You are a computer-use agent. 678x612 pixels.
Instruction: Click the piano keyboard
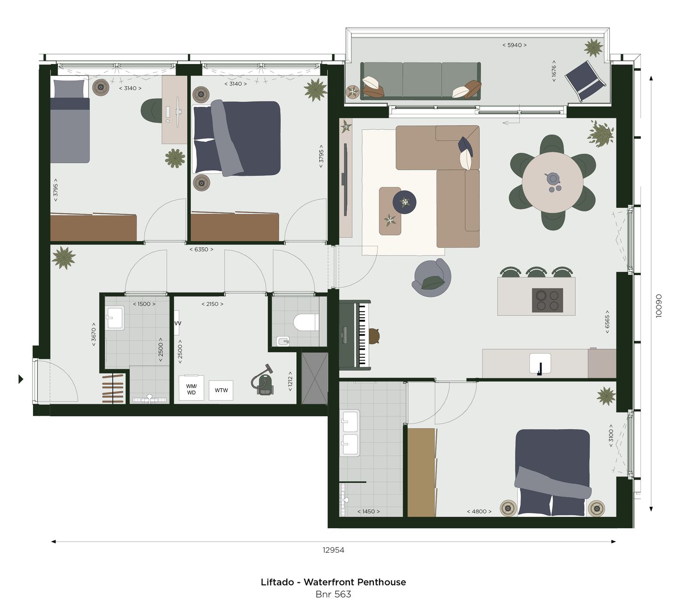pos(362,335)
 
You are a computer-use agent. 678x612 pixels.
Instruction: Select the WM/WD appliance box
pos(191,389)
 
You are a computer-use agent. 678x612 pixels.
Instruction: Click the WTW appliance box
pos(221,390)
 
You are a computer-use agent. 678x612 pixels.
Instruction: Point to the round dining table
pos(552,182)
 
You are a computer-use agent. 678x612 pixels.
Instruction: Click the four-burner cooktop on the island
pos(547,300)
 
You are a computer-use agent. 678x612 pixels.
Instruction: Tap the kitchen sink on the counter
pos(540,363)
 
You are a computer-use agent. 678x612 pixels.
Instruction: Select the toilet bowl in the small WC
pos(306,323)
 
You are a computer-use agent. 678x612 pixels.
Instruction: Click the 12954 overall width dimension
pos(333,550)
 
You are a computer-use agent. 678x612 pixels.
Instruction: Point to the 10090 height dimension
pos(659,306)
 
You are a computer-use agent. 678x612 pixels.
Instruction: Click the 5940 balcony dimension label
pos(514,45)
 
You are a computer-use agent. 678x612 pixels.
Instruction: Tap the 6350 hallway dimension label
pos(201,250)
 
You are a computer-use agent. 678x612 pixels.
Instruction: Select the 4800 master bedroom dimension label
pos(479,511)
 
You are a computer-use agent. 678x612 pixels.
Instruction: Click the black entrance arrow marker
pos(21,378)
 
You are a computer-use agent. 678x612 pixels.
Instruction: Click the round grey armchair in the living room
pos(432,279)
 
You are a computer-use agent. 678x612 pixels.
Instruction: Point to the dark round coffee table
pos(404,202)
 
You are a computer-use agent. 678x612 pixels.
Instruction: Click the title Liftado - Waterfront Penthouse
pos(333,582)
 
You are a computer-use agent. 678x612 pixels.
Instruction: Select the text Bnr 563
pos(333,595)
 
